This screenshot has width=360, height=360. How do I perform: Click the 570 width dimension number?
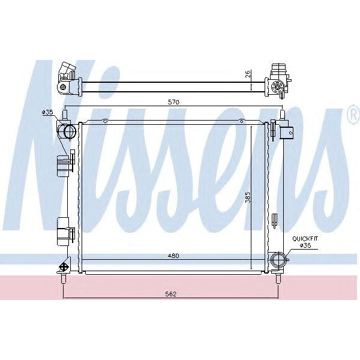[x=174, y=103]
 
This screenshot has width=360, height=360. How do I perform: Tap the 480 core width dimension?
[x=174, y=256]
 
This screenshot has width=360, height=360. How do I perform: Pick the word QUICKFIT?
[x=304, y=238]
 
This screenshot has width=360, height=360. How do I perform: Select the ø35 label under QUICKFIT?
[x=305, y=246]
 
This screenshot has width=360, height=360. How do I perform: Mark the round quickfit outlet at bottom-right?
[x=278, y=260]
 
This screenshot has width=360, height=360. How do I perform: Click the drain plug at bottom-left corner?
[x=64, y=268]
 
